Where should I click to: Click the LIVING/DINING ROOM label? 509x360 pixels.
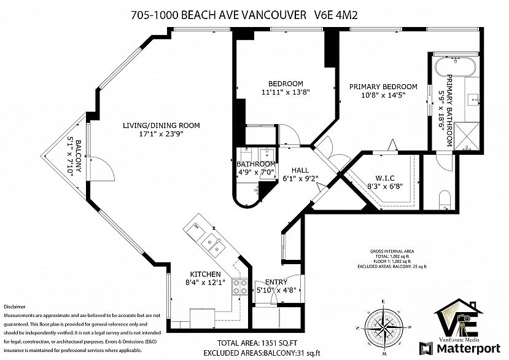tap(161, 125)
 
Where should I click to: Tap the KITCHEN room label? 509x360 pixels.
tap(205, 274)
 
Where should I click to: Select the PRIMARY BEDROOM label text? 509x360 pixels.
tap(383, 87)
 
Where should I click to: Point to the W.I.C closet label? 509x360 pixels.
tap(385, 178)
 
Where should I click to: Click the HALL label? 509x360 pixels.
tap(300, 170)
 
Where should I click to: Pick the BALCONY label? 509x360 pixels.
tap(79, 156)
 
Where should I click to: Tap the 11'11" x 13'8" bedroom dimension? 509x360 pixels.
tap(286, 92)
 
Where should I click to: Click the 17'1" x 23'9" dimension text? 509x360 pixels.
tap(161, 134)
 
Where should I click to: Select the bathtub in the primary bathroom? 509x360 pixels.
tap(456, 67)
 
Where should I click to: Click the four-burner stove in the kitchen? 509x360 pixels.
tap(240, 288)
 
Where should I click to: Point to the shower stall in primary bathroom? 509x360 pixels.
tap(467, 136)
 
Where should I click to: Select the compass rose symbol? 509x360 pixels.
tap(383, 326)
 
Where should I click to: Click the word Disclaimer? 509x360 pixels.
tap(14, 307)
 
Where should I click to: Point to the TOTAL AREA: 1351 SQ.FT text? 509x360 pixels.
tap(257, 343)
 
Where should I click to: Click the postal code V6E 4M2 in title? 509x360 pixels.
tap(336, 15)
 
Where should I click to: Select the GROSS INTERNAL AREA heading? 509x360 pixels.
tap(392, 251)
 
